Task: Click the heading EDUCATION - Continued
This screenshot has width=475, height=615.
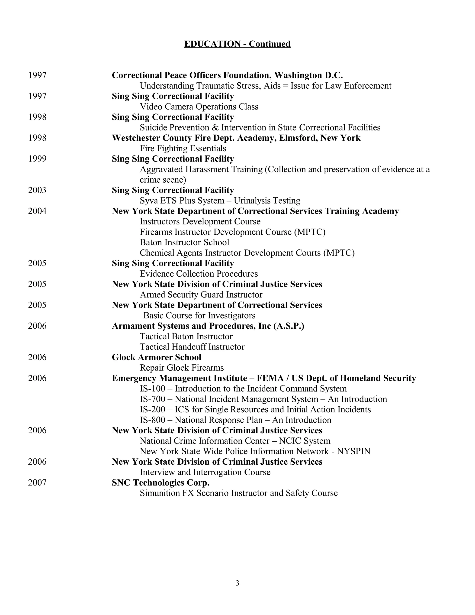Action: point(237,44)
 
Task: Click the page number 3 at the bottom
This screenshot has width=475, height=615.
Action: point(237,583)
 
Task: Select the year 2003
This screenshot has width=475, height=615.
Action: point(37,190)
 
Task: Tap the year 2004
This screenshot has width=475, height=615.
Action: point(37,211)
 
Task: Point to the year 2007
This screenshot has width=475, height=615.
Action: point(37,482)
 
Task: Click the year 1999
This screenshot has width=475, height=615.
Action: point(37,159)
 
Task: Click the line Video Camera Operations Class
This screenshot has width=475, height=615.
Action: point(199,107)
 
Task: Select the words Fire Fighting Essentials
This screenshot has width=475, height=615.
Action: point(183,148)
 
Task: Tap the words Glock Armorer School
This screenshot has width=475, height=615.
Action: point(157,357)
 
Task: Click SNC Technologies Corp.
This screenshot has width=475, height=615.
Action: point(161,482)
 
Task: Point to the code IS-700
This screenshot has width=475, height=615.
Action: point(152,399)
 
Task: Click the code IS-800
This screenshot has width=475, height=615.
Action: point(152,420)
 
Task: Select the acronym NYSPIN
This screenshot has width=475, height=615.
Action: point(353,451)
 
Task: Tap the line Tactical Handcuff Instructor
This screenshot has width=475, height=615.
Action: point(192,347)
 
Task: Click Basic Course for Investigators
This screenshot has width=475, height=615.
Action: point(199,315)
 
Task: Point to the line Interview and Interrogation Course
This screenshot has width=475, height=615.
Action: point(205,472)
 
